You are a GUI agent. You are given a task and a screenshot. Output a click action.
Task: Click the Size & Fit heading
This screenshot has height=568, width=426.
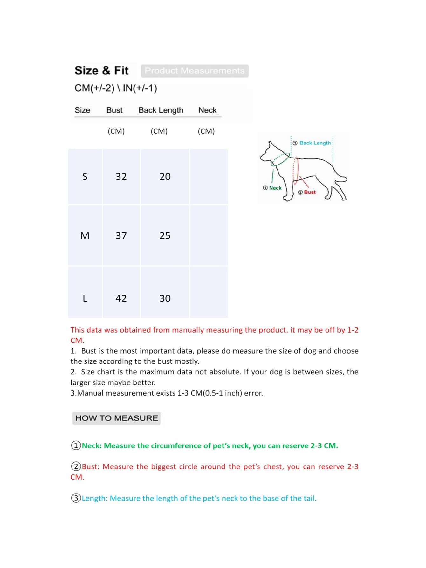[x=101, y=70]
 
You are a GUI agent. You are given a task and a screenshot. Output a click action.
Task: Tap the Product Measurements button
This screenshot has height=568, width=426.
[x=195, y=71]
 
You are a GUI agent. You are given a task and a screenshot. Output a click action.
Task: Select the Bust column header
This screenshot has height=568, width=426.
[x=114, y=110]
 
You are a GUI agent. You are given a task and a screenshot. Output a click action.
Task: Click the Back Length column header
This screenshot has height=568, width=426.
[x=161, y=110]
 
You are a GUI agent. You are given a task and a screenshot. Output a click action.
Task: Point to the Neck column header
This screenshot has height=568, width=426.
[x=207, y=110]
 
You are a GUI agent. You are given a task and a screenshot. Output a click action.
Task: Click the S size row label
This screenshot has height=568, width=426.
[x=85, y=177]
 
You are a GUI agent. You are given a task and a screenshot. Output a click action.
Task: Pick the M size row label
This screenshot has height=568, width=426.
[x=85, y=236]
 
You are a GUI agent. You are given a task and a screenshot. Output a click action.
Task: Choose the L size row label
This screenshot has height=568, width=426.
[x=85, y=298]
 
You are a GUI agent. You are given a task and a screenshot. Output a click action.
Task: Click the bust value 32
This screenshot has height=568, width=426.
[x=121, y=177]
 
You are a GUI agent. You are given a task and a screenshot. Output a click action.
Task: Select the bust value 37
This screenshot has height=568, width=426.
[x=121, y=236]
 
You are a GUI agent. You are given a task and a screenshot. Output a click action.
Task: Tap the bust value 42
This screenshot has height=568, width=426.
[x=121, y=298]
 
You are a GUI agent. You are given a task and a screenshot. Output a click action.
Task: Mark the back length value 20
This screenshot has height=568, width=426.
[x=165, y=177]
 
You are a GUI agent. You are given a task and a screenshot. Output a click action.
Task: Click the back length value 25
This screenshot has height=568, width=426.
[x=165, y=236]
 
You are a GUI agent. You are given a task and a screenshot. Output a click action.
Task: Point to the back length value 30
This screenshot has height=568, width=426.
[x=165, y=298]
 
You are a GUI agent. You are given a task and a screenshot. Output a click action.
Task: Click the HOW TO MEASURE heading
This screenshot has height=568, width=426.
[x=116, y=418]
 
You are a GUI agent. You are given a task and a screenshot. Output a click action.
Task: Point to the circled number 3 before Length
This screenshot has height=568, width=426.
[x=76, y=498]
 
